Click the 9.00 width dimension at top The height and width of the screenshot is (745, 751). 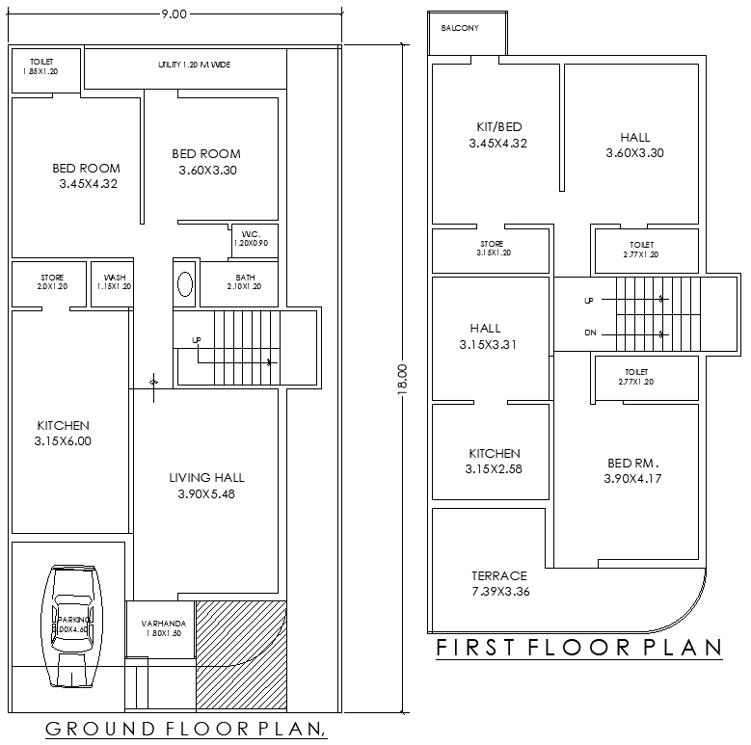[174, 13]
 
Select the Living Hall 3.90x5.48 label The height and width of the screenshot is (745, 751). [206, 486]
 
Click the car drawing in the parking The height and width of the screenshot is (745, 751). [72, 624]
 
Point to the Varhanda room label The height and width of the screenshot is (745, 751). [162, 628]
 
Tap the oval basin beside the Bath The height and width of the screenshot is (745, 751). [184, 285]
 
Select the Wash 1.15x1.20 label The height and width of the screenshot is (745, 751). [114, 282]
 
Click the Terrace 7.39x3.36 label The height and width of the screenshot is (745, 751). [499, 583]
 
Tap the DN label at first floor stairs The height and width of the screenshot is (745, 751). [589, 333]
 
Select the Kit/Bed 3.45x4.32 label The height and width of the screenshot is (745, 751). [497, 135]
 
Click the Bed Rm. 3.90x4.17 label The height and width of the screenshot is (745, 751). [633, 470]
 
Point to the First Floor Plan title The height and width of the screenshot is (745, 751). [578, 649]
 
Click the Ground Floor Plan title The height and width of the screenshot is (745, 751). [185, 729]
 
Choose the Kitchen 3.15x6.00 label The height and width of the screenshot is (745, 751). [64, 434]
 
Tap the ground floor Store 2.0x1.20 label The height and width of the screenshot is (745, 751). [52, 282]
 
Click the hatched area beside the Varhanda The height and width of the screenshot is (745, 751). [241, 655]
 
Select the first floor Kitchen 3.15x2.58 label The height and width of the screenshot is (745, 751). [495, 461]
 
